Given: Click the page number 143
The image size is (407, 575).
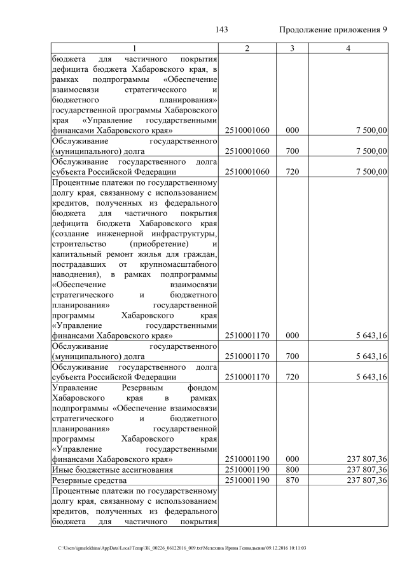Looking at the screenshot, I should point(222,30).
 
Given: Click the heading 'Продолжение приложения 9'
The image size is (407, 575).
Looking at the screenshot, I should point(333,30).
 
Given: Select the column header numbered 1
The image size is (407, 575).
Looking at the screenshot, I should point(134,49).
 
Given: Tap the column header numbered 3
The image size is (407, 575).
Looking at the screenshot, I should point(291,49).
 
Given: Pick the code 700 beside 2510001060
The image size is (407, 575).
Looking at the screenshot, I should point(291,151).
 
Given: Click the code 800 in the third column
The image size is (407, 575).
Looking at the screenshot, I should point(291,469).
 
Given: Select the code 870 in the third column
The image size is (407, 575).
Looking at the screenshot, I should point(291,480).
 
